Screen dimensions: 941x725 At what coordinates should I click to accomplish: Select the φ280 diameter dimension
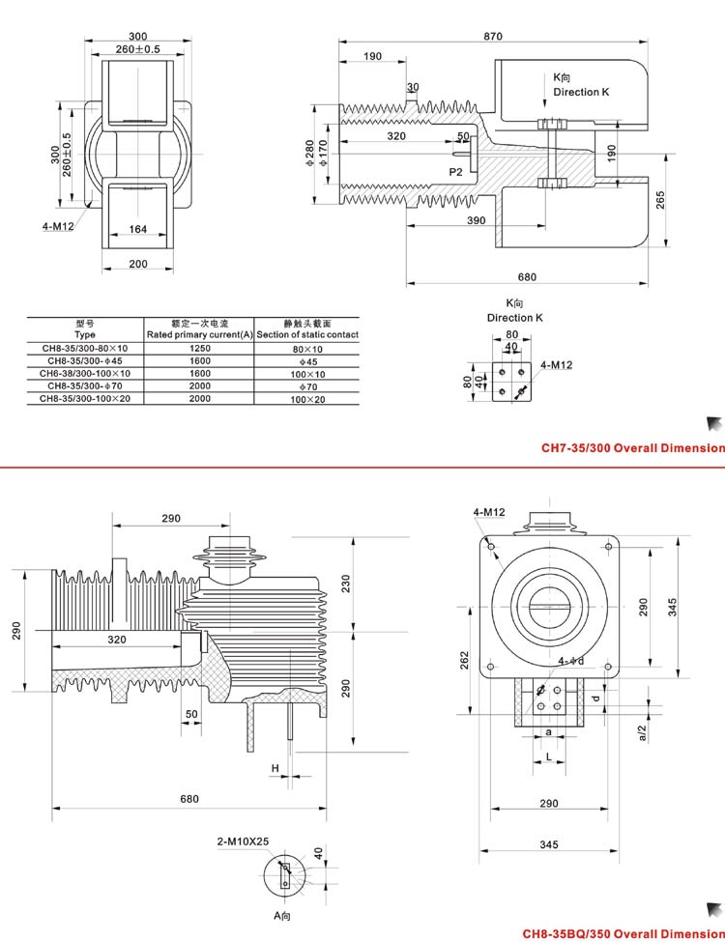(309, 153)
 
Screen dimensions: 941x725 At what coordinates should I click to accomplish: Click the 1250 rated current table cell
(199, 349)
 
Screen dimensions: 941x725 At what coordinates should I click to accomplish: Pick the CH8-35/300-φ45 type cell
(85, 361)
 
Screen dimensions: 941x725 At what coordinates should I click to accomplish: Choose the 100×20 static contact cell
(307, 398)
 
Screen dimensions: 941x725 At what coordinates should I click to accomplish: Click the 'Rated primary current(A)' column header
(199, 334)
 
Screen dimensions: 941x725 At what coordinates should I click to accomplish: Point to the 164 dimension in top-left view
(138, 230)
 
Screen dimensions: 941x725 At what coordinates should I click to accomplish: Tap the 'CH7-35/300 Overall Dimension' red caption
(632, 448)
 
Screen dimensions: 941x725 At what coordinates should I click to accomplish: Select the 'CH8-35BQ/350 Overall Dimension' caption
(623, 934)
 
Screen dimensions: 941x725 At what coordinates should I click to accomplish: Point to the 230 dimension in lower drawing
(346, 585)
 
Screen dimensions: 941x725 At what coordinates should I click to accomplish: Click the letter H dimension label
(275, 768)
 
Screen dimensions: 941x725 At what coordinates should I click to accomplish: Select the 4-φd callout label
(571, 662)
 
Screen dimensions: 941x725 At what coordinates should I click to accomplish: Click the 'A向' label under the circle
(282, 914)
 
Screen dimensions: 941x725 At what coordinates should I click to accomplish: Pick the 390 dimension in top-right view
(475, 221)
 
